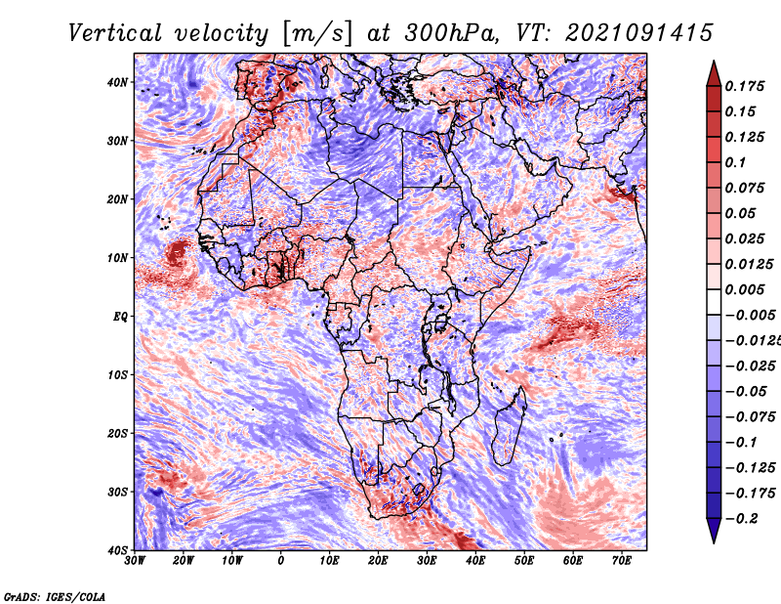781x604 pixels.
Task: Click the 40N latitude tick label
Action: coord(117,82)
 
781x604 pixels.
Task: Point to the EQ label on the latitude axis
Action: coord(120,317)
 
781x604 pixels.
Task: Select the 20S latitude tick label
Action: coord(117,433)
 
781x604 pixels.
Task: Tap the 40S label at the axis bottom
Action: coord(117,550)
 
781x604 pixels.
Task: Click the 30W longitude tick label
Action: coord(135,561)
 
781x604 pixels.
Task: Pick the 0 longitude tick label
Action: coord(281,561)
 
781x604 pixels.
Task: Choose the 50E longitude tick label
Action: coord(524,561)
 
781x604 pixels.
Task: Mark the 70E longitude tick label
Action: coord(621,561)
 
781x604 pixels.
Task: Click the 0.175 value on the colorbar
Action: coord(744,86)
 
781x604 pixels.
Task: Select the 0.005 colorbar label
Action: coord(744,289)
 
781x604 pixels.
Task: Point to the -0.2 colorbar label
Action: coord(741,518)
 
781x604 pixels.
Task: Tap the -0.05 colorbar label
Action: coord(746,391)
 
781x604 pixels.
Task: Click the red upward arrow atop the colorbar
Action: coord(714,74)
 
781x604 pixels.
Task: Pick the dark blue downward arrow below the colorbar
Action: coord(714,531)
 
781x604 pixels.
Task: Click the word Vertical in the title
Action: coord(114,33)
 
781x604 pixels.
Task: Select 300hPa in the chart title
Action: coord(451,33)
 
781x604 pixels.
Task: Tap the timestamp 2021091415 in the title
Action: coord(639,33)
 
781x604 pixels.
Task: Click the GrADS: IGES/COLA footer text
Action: coord(55,596)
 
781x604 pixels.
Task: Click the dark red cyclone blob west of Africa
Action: coord(177,253)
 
